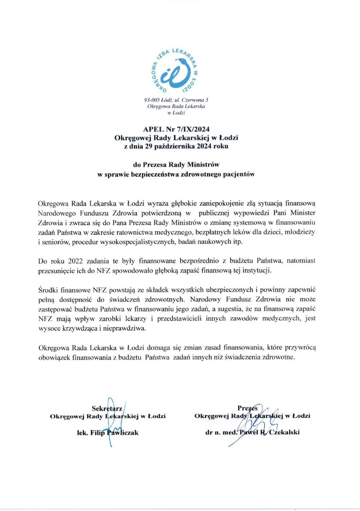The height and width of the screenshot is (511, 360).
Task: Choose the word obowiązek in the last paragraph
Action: pos(55,358)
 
